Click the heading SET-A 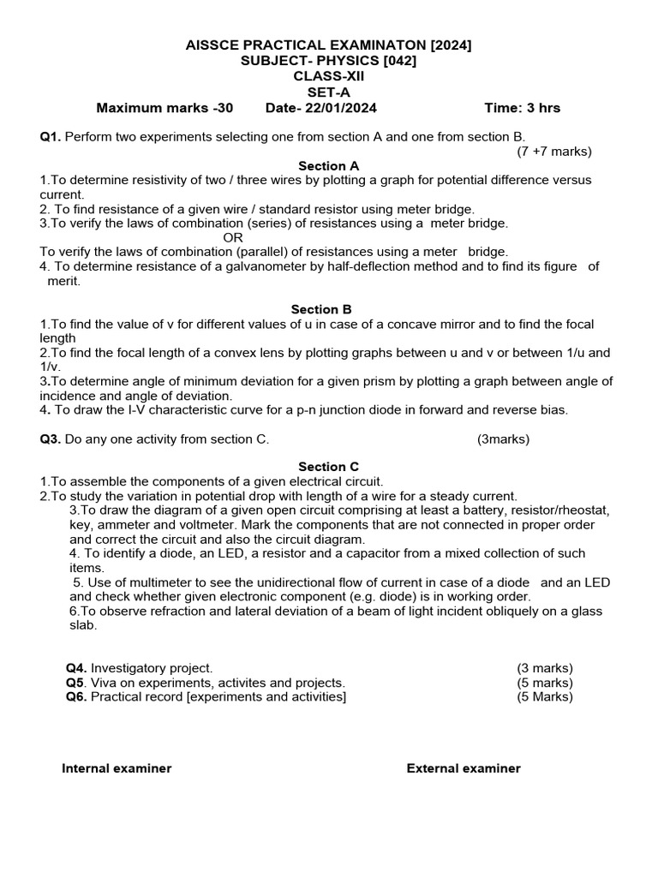tap(328, 92)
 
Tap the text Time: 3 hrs tap(522, 108)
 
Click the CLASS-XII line tap(328, 76)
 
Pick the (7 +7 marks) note tap(553, 152)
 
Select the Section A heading tap(328, 166)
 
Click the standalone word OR tap(233, 237)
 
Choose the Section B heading tap(321, 310)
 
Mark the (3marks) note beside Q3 tap(503, 439)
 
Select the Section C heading tap(328, 467)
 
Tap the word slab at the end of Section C tap(83, 625)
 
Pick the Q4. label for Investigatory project tap(77, 668)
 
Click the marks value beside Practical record tap(544, 697)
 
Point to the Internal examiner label tap(117, 768)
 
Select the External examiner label tap(464, 768)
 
